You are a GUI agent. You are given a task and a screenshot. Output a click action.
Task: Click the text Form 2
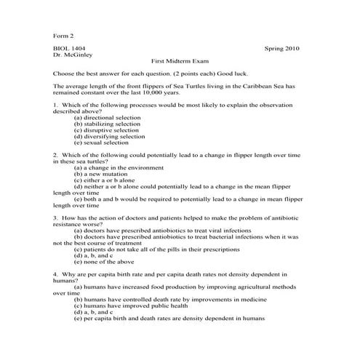click(x=64, y=35)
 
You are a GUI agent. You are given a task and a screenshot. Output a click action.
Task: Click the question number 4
click(x=55, y=277)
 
